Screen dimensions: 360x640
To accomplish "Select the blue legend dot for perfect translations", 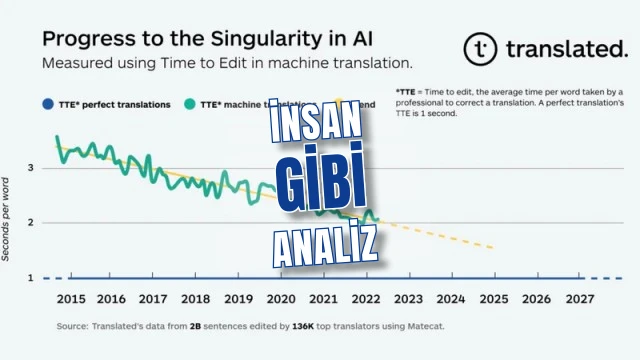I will (x=46, y=104).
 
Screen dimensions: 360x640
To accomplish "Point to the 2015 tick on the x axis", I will (x=69, y=299).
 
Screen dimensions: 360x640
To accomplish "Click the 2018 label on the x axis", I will (x=196, y=299).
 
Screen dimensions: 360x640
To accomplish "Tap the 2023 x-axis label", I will (x=408, y=299).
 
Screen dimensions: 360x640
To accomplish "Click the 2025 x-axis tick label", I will (x=493, y=299).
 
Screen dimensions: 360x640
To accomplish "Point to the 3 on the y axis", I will (x=31, y=168).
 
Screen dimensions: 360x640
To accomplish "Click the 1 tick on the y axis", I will (x=31, y=277).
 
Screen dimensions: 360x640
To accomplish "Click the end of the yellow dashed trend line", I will (x=492, y=248).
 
